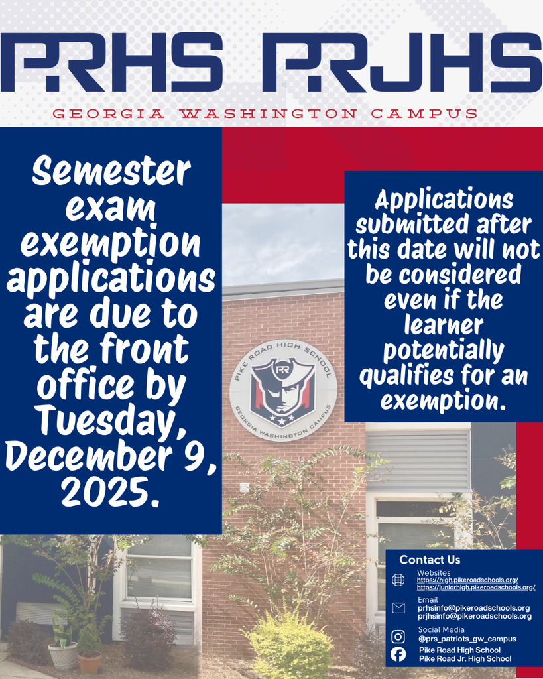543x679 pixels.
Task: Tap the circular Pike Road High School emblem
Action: [x=283, y=391]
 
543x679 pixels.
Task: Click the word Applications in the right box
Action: [x=444, y=199]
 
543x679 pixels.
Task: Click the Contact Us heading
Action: [x=430, y=560]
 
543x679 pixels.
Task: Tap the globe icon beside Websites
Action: [x=398, y=580]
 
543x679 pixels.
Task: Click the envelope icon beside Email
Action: [x=398, y=608]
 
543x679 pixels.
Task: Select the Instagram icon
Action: [x=398, y=637]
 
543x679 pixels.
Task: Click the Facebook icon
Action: [x=398, y=654]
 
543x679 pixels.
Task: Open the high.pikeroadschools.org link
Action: [x=467, y=580]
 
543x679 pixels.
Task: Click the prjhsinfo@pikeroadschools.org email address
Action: [x=474, y=616]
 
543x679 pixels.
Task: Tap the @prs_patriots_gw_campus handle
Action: [x=467, y=639]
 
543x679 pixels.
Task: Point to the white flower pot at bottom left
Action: [x=63, y=655]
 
